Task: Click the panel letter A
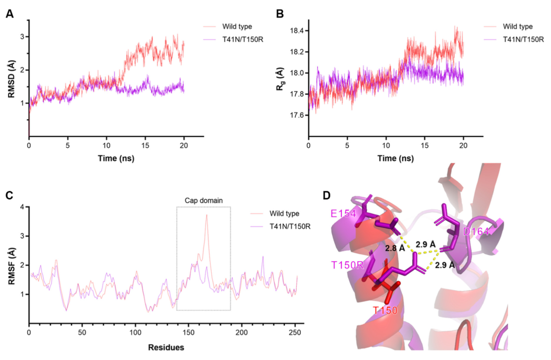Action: click(x=9, y=14)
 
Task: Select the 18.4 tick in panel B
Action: click(x=298, y=31)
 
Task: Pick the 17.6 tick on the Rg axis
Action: click(x=298, y=115)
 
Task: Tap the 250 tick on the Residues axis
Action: click(x=295, y=333)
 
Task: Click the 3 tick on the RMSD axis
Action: click(x=23, y=37)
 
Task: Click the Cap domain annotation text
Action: click(x=203, y=200)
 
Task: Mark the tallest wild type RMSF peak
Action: click(x=207, y=215)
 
